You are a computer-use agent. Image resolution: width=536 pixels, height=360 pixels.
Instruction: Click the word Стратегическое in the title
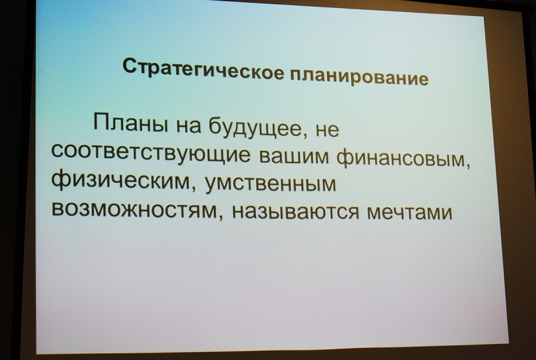(203, 69)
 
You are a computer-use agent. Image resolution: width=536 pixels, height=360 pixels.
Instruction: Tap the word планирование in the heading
(359, 76)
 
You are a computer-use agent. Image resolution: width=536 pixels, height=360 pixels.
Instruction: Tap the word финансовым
(401, 160)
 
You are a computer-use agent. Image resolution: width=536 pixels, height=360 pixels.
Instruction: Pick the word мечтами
(409, 211)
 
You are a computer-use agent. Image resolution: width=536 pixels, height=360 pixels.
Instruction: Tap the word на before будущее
(188, 126)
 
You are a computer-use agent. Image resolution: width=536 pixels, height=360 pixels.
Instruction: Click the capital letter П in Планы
(101, 122)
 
